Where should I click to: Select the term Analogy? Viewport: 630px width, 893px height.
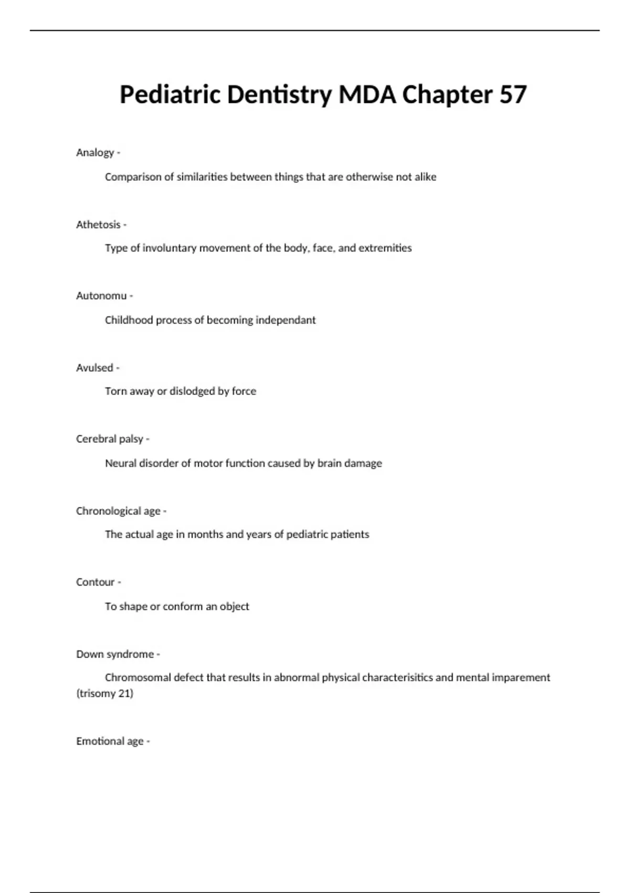95,153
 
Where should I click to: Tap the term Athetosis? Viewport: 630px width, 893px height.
98,225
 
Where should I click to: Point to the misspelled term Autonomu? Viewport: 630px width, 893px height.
101,296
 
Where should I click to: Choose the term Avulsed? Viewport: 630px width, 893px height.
94,368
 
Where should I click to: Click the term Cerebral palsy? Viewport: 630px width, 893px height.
109,439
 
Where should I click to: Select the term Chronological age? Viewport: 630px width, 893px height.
118,511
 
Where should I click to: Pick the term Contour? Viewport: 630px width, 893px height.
95,582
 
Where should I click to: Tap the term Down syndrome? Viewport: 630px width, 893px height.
115,654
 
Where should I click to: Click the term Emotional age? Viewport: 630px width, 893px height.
110,741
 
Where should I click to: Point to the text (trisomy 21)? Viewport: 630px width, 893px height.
105,693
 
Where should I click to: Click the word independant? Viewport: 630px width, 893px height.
286,320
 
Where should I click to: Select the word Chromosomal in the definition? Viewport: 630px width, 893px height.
138,678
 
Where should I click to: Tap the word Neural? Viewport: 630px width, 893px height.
120,463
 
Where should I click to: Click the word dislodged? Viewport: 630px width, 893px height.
192,391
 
